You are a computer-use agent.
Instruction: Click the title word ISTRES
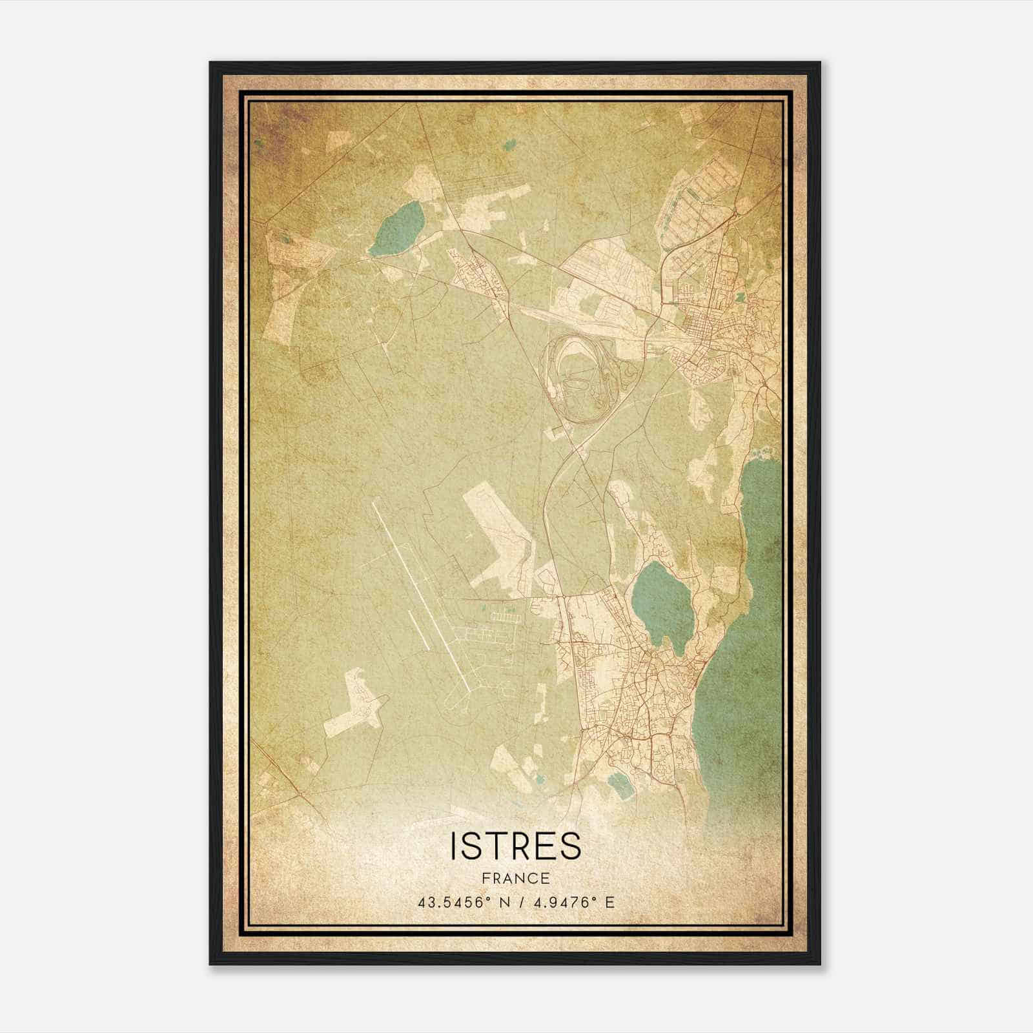[x=516, y=846]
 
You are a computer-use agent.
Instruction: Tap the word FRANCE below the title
[x=516, y=878]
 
